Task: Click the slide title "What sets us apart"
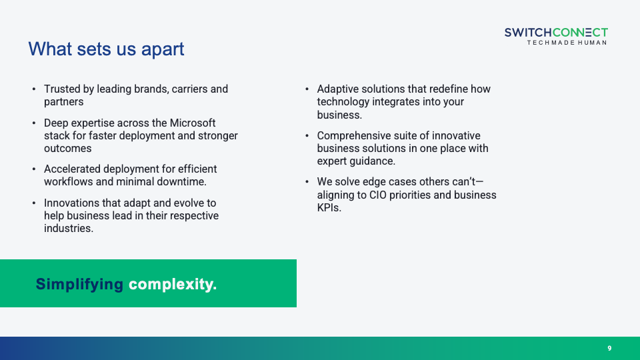point(106,49)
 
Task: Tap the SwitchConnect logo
point(556,36)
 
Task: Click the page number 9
point(609,348)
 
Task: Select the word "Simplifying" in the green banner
point(79,284)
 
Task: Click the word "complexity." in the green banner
point(173,284)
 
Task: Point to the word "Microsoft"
point(193,123)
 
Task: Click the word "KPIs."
point(329,208)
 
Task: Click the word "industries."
point(69,228)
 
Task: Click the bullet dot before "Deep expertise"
point(34,123)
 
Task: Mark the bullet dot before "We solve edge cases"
point(307,181)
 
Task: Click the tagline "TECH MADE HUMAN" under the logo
point(567,43)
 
